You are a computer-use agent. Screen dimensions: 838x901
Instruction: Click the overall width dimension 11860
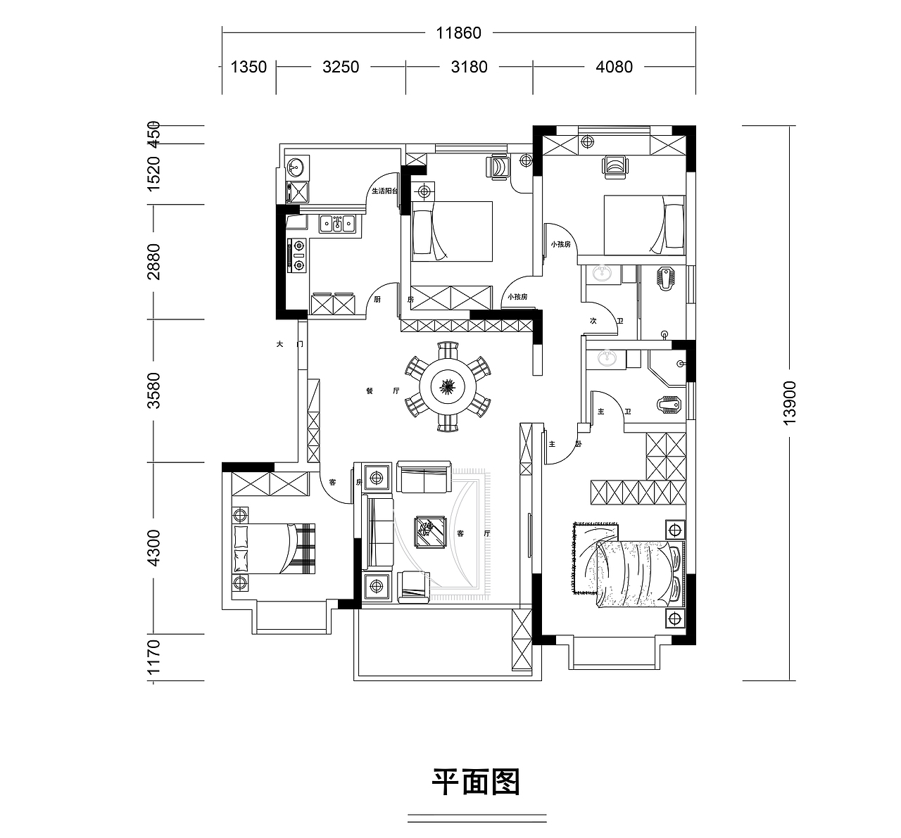[x=458, y=33]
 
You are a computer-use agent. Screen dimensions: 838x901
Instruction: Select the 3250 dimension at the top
[x=341, y=67]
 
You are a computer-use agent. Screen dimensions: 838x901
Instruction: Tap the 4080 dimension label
[x=614, y=67]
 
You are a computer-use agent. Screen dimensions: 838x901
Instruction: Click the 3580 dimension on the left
[x=154, y=391]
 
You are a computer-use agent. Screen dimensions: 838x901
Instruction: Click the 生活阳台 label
[x=384, y=191]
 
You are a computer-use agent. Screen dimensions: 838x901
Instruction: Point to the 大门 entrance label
[x=289, y=345]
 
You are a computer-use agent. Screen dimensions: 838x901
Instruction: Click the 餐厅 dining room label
[x=382, y=391]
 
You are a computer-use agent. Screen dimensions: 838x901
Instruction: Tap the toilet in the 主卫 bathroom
[x=669, y=405]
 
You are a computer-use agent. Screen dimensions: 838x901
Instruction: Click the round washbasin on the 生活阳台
[x=295, y=167]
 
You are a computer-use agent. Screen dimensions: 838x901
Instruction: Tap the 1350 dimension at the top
[x=248, y=67]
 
